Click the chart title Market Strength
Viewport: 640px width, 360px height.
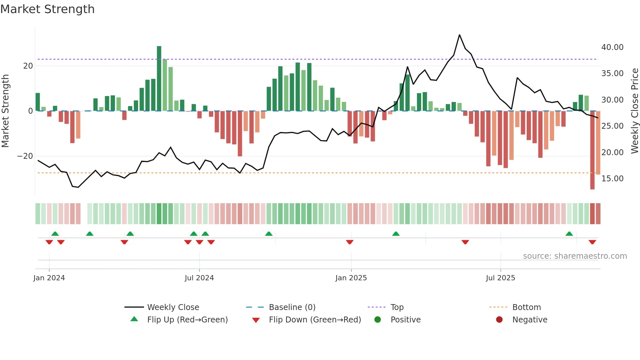(47, 9)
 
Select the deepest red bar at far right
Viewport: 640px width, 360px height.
(592, 150)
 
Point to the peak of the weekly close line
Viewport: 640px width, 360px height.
(459, 35)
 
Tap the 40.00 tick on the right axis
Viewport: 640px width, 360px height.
(612, 47)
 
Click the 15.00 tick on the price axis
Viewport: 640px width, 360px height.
(612, 179)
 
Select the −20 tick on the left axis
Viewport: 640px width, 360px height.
(25, 156)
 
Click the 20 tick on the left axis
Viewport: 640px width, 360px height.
(28, 66)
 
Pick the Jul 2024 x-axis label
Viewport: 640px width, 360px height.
(199, 278)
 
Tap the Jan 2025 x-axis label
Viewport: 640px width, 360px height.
(351, 278)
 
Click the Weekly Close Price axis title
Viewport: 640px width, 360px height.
(634, 111)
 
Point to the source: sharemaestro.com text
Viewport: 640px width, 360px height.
(575, 256)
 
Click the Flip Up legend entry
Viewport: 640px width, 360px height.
(187, 320)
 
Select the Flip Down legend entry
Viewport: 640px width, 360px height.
(314, 320)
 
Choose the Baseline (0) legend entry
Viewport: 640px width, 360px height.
(292, 307)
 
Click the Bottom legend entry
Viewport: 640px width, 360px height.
(526, 307)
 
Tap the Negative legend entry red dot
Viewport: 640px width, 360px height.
(499, 319)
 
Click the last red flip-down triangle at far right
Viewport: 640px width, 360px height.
(592, 242)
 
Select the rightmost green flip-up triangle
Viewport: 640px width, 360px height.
(569, 234)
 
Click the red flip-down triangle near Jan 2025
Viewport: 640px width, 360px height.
(350, 242)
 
